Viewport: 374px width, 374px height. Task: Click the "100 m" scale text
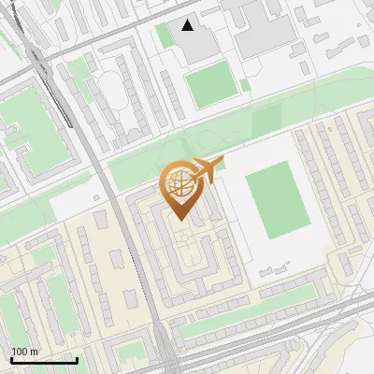[25, 352]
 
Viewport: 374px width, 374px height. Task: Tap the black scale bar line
[43, 360]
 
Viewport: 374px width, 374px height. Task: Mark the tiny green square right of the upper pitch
[246, 85]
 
